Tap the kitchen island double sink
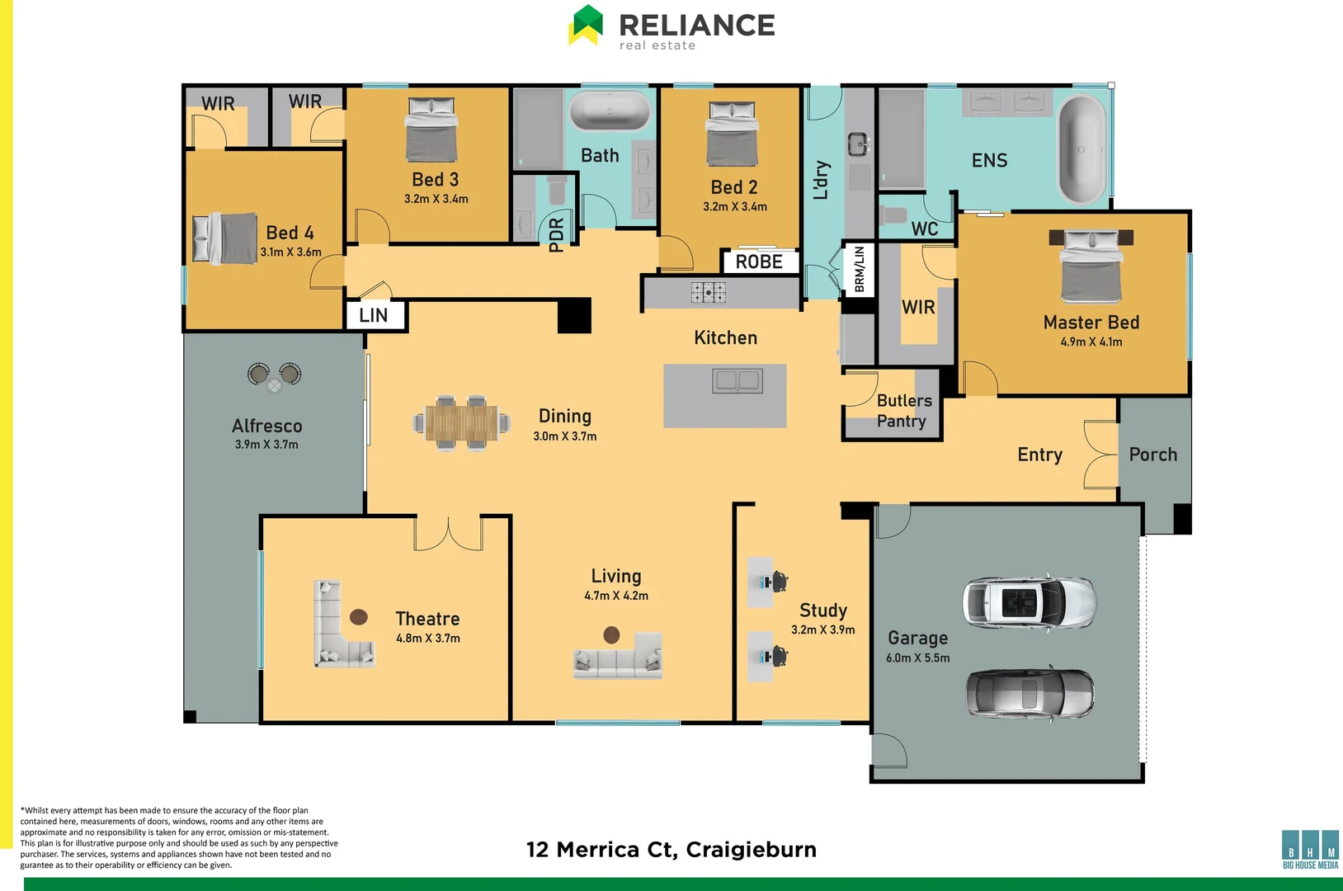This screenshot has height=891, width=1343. (x=737, y=380)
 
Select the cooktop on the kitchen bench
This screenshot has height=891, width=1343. (x=708, y=292)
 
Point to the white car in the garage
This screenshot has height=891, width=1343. (x=1030, y=602)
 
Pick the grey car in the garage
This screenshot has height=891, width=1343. (x=1030, y=693)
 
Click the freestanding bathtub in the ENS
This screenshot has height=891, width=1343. (x=1081, y=150)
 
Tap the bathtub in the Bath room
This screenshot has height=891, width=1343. (x=610, y=111)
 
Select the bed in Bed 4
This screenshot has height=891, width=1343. (x=225, y=238)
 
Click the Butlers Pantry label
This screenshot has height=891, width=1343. (x=903, y=411)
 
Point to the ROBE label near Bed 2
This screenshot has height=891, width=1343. (x=759, y=262)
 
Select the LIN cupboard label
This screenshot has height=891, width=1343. (x=374, y=315)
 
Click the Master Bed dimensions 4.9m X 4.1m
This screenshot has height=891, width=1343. (x=1091, y=342)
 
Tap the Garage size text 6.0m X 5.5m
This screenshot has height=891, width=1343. (x=917, y=658)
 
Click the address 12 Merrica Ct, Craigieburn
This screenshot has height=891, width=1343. (x=671, y=850)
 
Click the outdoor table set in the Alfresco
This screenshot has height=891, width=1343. (x=275, y=376)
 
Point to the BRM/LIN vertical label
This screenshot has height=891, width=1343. (x=859, y=268)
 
